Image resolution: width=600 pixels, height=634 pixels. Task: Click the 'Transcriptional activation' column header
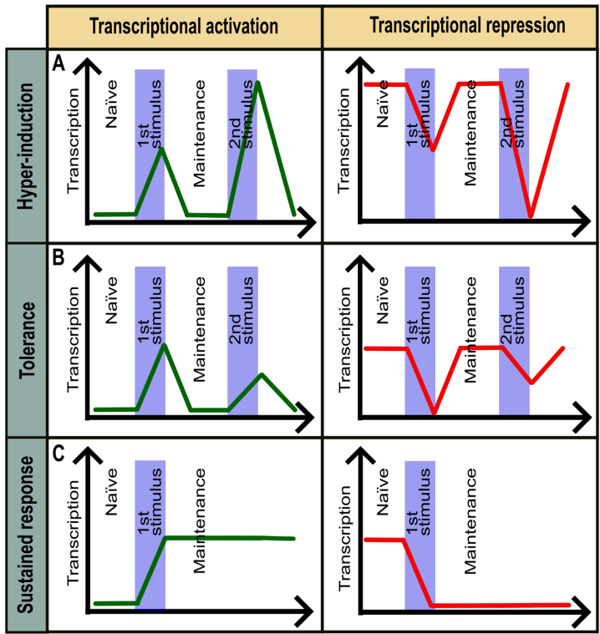pos(184,26)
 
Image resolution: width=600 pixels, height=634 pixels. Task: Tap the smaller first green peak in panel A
pos(162,149)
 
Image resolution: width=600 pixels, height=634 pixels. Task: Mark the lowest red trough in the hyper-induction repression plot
pos(530,216)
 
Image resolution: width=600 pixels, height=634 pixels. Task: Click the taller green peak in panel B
pos(164,345)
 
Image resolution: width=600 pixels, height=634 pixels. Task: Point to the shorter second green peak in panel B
pos(262,374)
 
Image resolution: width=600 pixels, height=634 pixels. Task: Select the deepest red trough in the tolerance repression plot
pos(434,413)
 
